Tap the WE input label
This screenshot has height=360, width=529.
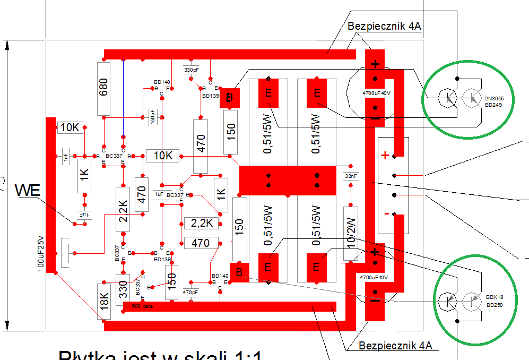(x=27, y=191)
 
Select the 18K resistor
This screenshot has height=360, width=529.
(x=103, y=302)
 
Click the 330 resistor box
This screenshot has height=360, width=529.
(x=123, y=289)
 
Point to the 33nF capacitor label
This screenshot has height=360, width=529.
(x=351, y=175)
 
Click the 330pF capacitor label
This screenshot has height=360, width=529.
(x=192, y=70)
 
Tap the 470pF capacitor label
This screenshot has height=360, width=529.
(x=190, y=292)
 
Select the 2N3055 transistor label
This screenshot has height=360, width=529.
(x=493, y=98)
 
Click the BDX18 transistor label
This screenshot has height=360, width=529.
(x=494, y=298)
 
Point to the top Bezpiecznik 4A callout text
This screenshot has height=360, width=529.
(x=385, y=25)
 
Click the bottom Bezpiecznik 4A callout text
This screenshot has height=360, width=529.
(x=395, y=346)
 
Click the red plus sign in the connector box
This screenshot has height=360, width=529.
(x=385, y=156)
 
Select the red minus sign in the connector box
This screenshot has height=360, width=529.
(x=387, y=213)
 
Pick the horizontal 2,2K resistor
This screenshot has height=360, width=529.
(x=201, y=223)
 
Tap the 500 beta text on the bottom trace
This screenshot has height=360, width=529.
(x=142, y=306)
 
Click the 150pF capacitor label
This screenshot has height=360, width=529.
(x=153, y=116)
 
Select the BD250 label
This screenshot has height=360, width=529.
(x=494, y=306)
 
